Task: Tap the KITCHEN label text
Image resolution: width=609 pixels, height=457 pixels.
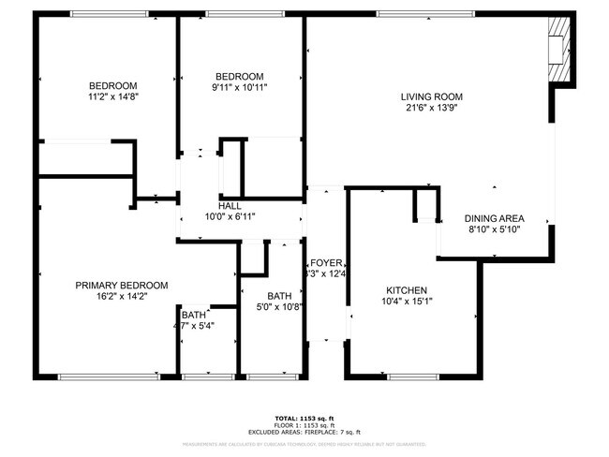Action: point(406,290)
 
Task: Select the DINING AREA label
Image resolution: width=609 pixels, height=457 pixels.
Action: point(494,218)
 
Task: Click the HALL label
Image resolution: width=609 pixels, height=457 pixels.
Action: point(230,206)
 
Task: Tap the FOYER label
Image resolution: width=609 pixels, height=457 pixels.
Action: point(329,263)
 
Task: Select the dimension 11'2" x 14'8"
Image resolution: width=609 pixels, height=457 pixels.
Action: point(113,96)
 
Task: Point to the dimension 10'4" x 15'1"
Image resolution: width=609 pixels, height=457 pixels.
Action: point(406,302)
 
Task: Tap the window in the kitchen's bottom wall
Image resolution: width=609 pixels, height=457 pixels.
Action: point(412,376)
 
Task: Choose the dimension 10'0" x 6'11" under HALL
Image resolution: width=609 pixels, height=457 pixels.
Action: point(230,216)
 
